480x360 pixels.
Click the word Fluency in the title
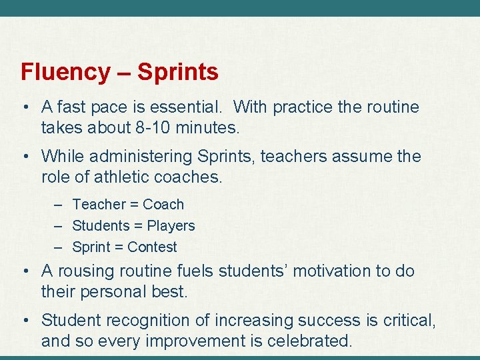click(65, 72)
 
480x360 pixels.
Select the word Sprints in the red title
click(178, 72)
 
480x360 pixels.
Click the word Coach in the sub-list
click(163, 205)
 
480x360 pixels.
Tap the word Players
click(171, 226)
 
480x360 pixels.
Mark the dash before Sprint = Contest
click(59, 247)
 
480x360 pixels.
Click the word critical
click(409, 321)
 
